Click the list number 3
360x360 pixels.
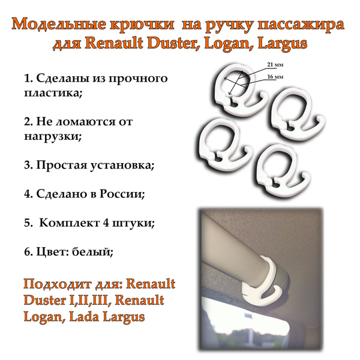point(28,165)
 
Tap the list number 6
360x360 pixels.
point(28,251)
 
